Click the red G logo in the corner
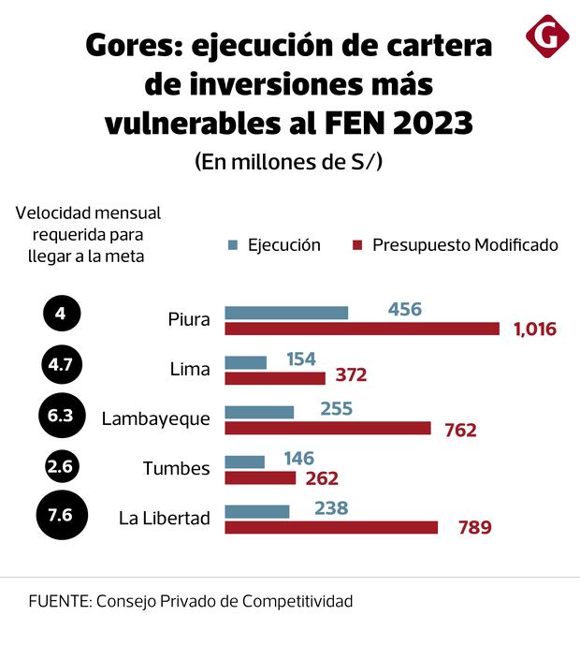(x=547, y=37)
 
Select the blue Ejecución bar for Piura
(x=286, y=313)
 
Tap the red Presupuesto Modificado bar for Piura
(x=363, y=329)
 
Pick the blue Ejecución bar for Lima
(x=246, y=361)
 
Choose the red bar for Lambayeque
(x=328, y=428)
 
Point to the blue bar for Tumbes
(x=245, y=462)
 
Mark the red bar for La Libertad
(x=331, y=527)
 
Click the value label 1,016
(x=535, y=329)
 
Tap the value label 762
(x=459, y=430)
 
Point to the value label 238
(x=331, y=508)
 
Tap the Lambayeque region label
(x=156, y=418)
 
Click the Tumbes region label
(x=176, y=468)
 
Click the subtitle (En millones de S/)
(x=289, y=161)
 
